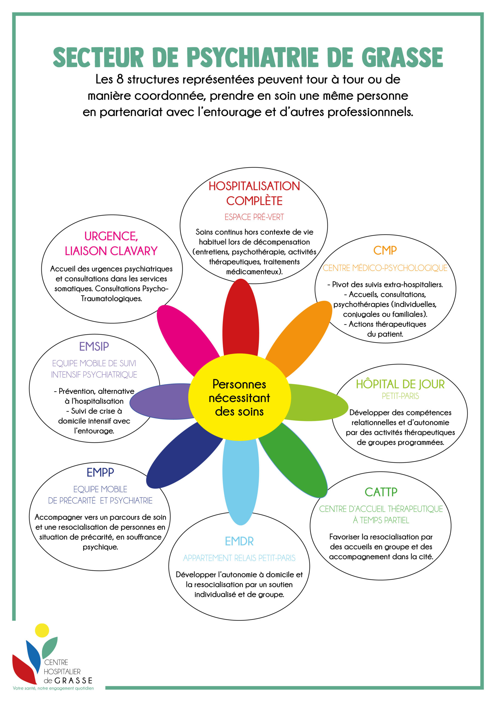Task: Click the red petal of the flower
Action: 241,318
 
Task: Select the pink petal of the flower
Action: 185,338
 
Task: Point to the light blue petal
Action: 241,483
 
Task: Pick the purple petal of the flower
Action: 160,401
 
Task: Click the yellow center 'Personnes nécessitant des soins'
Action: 240,397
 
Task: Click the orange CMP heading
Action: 385,250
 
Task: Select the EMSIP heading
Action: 94,346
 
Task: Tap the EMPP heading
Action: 100,472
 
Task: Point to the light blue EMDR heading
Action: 239,541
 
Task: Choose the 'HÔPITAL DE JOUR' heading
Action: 400,384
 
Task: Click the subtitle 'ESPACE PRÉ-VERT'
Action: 254,217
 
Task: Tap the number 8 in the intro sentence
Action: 120,79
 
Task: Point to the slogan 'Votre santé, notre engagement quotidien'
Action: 53,688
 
